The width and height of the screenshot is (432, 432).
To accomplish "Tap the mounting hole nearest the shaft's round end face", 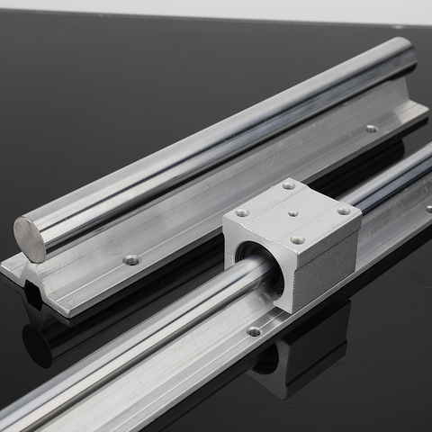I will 131,259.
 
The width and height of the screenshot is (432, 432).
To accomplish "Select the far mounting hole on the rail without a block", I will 371,128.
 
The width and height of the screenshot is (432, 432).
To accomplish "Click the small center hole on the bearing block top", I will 293,214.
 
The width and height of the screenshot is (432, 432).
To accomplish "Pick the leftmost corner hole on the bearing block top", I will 242,213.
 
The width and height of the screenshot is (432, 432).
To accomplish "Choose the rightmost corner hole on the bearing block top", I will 343,211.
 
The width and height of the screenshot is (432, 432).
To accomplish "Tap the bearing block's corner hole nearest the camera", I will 297,240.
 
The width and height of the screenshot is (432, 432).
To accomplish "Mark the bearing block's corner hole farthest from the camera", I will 289,185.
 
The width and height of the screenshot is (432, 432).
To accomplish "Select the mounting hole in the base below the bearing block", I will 254,331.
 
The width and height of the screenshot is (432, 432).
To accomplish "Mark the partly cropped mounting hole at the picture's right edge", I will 428,208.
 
